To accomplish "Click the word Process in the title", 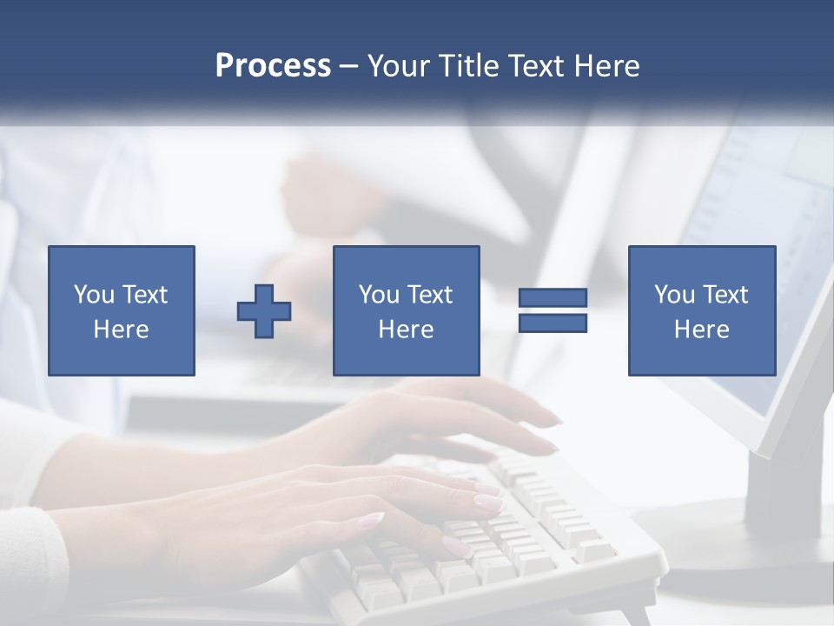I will point(273,66).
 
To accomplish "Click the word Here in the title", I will point(607,66).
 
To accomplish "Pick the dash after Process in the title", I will point(348,67).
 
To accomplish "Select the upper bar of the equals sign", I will point(553,297).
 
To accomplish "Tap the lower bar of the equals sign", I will point(553,323).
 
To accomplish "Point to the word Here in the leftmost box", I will point(122,330).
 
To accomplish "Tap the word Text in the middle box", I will point(429,295).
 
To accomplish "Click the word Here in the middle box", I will point(407,330).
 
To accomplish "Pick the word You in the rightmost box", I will point(674,295).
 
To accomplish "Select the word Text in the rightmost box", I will point(725,295).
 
